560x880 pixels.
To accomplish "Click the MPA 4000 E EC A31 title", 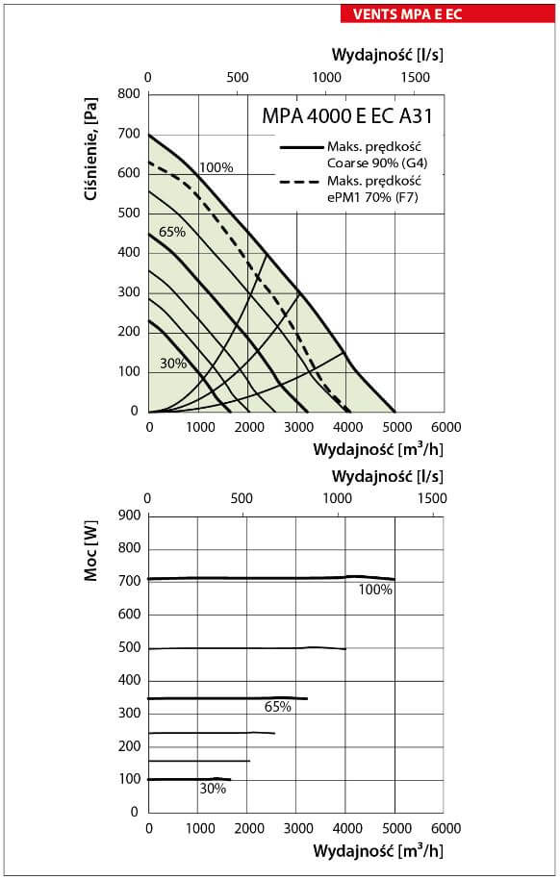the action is (347, 116).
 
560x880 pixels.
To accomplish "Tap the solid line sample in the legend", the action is (301, 147).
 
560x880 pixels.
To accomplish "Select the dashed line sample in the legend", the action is (301, 182).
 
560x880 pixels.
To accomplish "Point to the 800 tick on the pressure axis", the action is (129, 93).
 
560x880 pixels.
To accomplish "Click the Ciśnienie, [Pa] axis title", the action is (91, 150).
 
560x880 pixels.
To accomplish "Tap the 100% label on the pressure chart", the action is (216, 167).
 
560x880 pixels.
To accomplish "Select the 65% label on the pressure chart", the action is (172, 232).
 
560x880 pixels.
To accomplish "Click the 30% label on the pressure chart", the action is (173, 364).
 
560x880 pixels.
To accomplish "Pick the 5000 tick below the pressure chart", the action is (396, 427).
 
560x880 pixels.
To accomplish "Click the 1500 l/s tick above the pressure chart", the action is (415, 77).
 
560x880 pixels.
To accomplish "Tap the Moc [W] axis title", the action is (91, 551).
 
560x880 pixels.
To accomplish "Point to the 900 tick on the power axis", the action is (129, 515).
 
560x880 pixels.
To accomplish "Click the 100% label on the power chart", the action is (375, 590).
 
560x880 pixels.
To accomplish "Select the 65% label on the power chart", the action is (277, 707).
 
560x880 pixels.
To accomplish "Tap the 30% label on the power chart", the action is (213, 789).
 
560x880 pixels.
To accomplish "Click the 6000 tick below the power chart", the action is (445, 828).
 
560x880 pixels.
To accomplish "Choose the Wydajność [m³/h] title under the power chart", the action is (378, 850).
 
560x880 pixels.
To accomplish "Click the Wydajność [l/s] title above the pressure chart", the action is (387, 55).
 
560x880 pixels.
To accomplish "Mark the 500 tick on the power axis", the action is (129, 647).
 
